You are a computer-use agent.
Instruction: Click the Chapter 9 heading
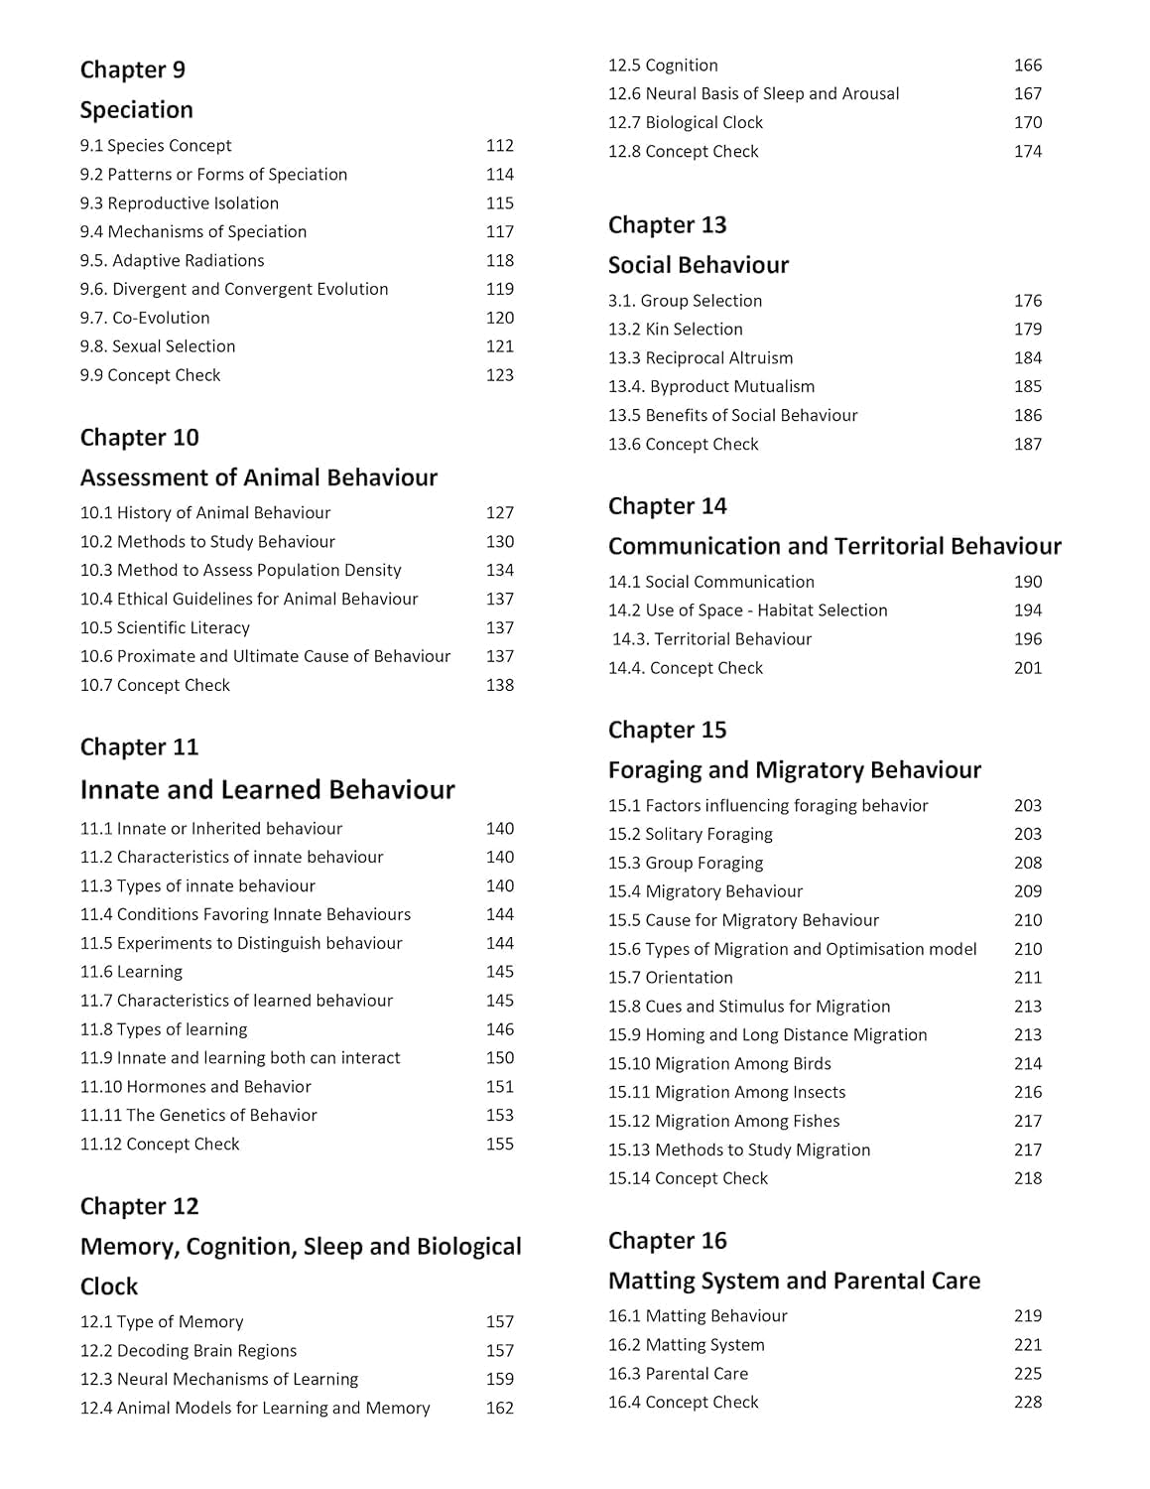(x=132, y=69)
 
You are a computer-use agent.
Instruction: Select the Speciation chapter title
(x=136, y=110)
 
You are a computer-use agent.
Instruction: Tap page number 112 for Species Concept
(x=499, y=146)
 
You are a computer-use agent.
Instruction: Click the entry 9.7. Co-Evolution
(x=145, y=318)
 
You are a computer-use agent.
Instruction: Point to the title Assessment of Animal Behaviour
(x=258, y=477)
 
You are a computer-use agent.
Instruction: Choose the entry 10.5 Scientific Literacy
(x=165, y=627)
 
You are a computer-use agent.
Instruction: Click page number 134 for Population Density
(x=499, y=570)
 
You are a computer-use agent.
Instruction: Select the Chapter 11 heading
(x=139, y=746)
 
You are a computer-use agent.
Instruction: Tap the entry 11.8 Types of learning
(x=164, y=1029)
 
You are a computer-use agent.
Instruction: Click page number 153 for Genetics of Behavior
(x=499, y=1115)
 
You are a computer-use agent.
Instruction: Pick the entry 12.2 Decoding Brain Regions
(x=188, y=1350)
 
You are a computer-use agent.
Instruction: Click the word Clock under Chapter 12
(x=109, y=1286)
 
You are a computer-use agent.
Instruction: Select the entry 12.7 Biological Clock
(x=685, y=122)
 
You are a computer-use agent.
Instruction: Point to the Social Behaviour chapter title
(x=698, y=265)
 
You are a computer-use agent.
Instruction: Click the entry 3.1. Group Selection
(x=685, y=301)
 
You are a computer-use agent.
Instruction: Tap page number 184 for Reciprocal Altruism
(x=1027, y=357)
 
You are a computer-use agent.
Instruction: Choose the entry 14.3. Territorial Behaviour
(x=711, y=639)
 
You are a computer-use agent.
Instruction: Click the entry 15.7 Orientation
(x=670, y=978)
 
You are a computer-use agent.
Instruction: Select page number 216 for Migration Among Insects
(x=1027, y=1092)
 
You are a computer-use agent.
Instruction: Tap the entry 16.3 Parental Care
(x=678, y=1374)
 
